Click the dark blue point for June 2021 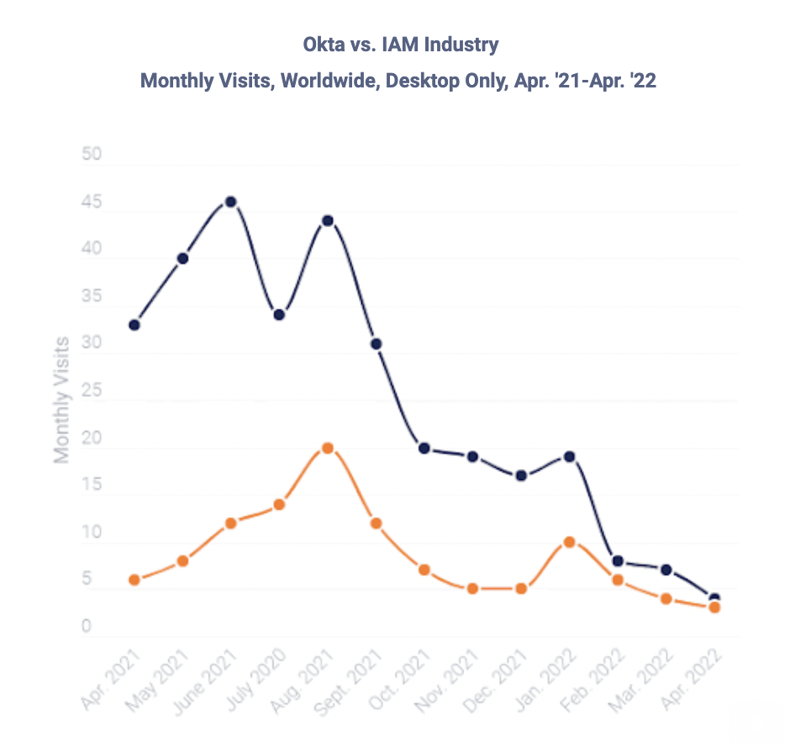click(x=230, y=202)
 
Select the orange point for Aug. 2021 click(x=328, y=448)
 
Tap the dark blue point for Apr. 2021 click(x=134, y=325)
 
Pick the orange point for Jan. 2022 click(x=570, y=542)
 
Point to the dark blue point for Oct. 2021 click(x=424, y=448)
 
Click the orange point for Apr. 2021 click(x=134, y=580)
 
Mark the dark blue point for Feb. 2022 click(x=618, y=561)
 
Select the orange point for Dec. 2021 click(x=521, y=589)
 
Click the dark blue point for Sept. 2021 click(x=377, y=344)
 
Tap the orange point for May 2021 click(x=182, y=561)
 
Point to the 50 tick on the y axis click(x=92, y=156)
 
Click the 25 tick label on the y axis click(x=92, y=391)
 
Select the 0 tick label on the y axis click(x=87, y=626)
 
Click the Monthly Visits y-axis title click(x=61, y=399)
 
